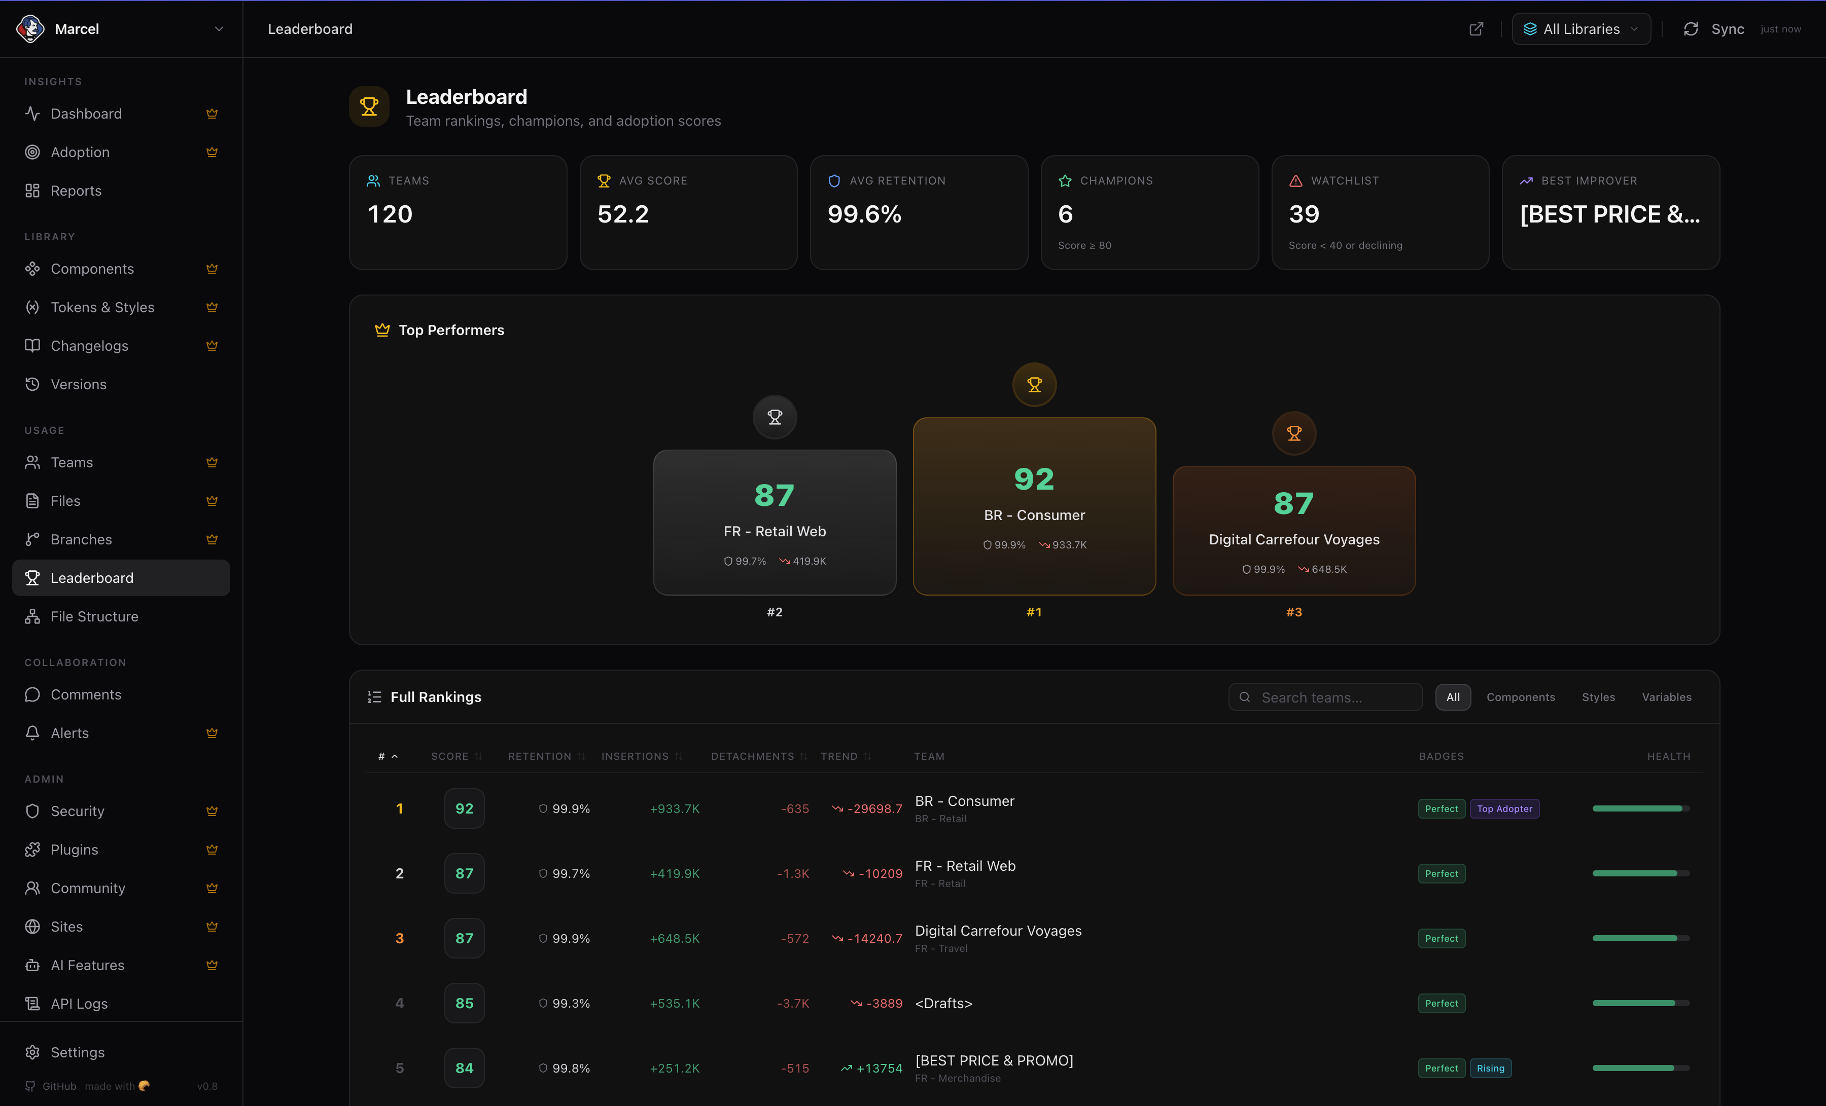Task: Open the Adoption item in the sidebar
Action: (80, 152)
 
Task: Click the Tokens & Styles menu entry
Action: (102, 308)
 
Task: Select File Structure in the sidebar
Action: (94, 616)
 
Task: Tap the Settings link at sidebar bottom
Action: (77, 1052)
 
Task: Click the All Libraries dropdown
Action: (1581, 29)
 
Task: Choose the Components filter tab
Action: (1521, 697)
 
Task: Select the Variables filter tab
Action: (1667, 697)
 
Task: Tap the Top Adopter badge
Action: (1504, 809)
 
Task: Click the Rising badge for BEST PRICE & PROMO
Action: (1490, 1068)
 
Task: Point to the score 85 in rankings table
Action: (465, 1003)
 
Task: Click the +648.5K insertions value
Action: (675, 939)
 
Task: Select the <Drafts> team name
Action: (943, 1003)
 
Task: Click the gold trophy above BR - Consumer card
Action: (1035, 385)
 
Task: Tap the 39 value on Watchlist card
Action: (1304, 214)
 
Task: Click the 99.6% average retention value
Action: (864, 214)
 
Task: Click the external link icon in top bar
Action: (1476, 29)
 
